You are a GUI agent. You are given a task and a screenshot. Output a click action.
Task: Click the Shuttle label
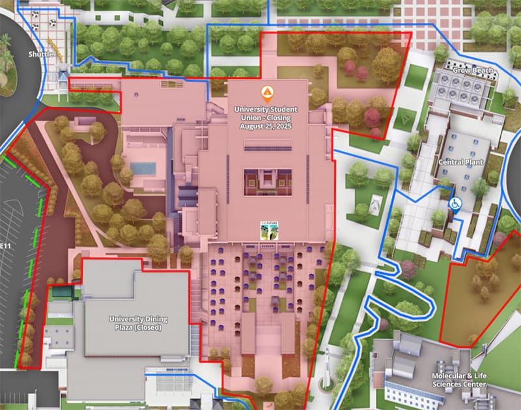click(40, 54)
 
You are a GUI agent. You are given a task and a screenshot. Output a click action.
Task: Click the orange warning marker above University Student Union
click(266, 92)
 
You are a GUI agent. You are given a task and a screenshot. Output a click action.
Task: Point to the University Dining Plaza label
click(138, 319)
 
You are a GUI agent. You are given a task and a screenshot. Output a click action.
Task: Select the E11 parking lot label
click(5, 245)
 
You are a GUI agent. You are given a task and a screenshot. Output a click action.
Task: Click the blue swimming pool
click(143, 168)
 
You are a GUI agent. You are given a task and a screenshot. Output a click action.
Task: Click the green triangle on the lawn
click(407, 118)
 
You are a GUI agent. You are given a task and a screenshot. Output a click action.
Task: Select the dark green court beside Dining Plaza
click(64, 293)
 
